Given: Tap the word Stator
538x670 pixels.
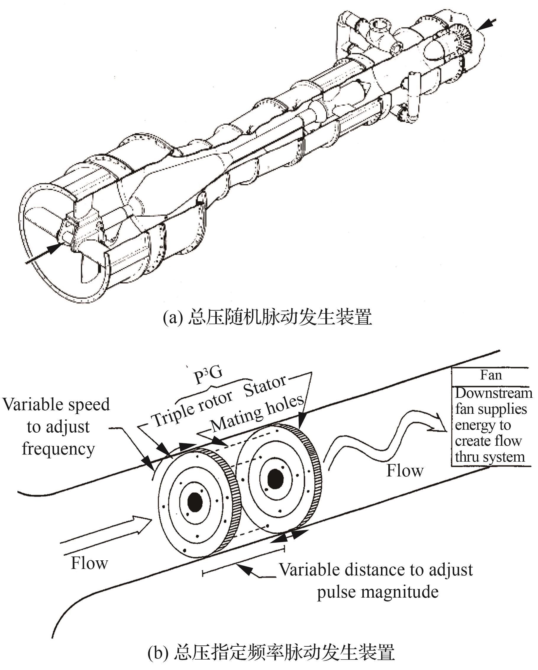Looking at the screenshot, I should [265, 386].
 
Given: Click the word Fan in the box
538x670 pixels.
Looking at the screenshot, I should [491, 375].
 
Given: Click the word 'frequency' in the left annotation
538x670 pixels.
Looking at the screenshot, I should [58, 449].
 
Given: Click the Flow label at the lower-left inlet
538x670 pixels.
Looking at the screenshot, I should [89, 562].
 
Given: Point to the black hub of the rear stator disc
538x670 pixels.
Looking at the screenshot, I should [275, 479].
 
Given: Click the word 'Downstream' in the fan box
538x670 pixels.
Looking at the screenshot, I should [494, 393].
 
